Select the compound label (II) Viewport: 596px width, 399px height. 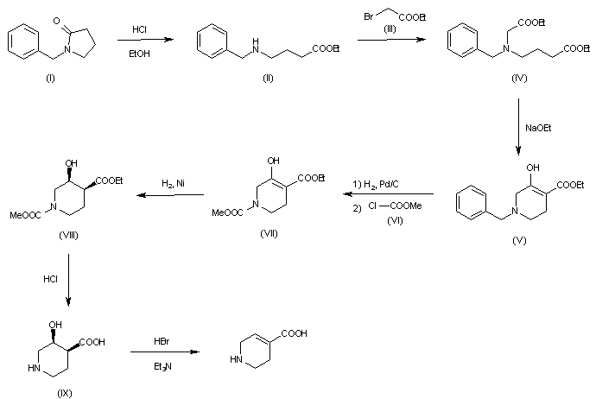tap(246, 89)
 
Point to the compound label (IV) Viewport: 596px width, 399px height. tap(520, 89)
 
